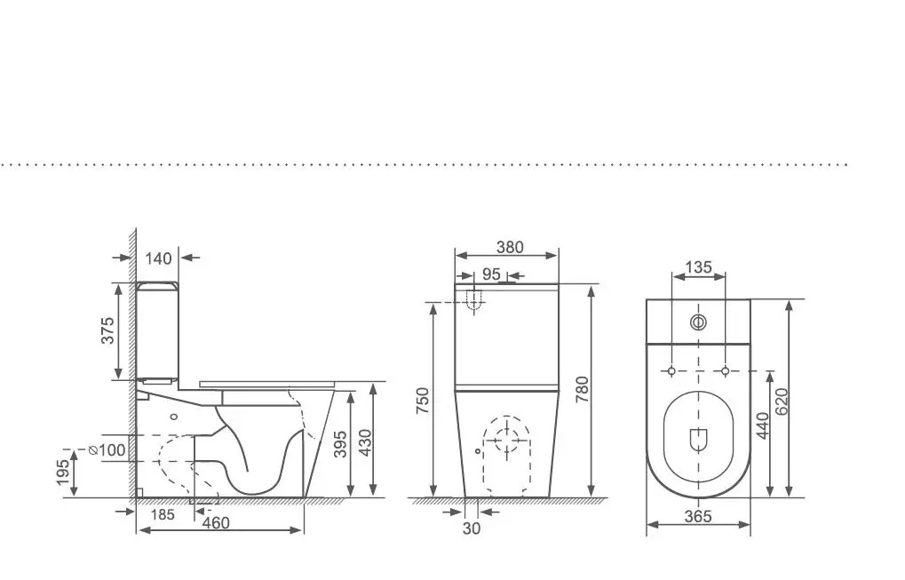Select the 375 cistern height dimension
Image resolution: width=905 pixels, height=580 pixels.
[x=108, y=330]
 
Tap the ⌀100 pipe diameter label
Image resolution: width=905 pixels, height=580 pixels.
[x=107, y=449]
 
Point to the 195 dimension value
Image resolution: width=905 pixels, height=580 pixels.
[x=63, y=472]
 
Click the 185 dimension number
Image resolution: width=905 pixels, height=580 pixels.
[x=163, y=514]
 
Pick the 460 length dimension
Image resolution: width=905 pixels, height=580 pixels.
[x=216, y=523]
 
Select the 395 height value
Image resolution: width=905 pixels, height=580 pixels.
[x=340, y=444]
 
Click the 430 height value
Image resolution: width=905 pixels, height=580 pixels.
[x=365, y=442]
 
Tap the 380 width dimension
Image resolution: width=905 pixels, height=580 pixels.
[x=510, y=247]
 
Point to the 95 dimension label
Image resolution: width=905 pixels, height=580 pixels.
[x=491, y=274]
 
